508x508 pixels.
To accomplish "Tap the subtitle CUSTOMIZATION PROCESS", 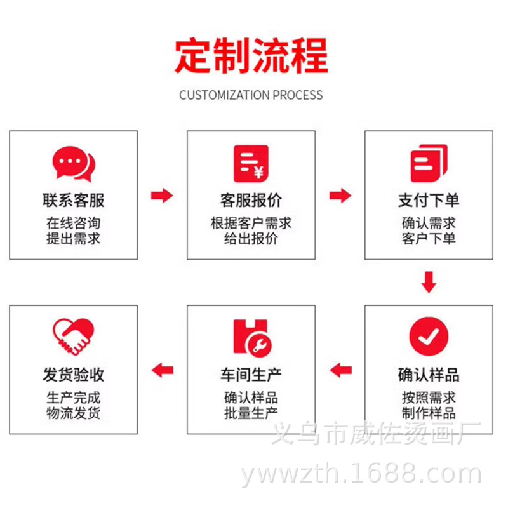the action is pyautogui.click(x=251, y=95).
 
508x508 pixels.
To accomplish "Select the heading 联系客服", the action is pyautogui.click(x=73, y=201).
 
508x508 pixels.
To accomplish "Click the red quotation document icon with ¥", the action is pyautogui.click(x=251, y=163).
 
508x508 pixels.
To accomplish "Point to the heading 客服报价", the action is pyautogui.click(x=251, y=201).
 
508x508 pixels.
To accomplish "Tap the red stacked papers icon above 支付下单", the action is pyautogui.click(x=429, y=163).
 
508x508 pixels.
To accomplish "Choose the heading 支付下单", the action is pyautogui.click(x=429, y=201).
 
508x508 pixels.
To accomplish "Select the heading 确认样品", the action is pyautogui.click(x=429, y=375).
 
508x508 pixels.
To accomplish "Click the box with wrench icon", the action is pyautogui.click(x=252, y=337).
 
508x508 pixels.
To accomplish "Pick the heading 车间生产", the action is pyautogui.click(x=251, y=375).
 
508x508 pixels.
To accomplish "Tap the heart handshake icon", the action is pyautogui.click(x=73, y=337).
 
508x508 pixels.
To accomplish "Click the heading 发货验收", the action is pyautogui.click(x=73, y=375).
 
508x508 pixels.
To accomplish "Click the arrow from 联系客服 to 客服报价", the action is pyautogui.click(x=162, y=195).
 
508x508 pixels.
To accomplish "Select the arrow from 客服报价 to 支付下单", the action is pyautogui.click(x=340, y=195).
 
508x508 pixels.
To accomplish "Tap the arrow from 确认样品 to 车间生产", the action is pyautogui.click(x=340, y=370).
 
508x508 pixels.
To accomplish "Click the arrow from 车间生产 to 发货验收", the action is pyautogui.click(x=163, y=370).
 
